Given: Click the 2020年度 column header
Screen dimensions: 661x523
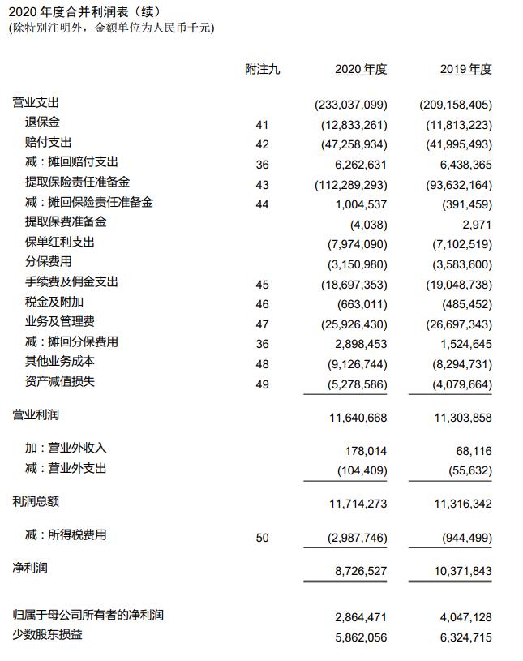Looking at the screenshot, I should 361,70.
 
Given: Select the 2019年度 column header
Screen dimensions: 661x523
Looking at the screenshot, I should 465,70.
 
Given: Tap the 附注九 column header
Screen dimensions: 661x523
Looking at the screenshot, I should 262,70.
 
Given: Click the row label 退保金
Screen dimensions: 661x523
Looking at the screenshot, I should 42,122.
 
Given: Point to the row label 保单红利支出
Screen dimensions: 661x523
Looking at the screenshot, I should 59,242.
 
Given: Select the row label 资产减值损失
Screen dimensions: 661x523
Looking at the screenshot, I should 59,381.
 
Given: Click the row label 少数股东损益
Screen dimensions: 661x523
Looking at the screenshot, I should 47,634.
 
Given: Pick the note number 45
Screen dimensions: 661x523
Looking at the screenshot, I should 262,284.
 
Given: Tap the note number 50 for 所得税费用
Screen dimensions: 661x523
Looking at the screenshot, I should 262,537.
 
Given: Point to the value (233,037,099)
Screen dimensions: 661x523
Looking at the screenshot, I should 350,105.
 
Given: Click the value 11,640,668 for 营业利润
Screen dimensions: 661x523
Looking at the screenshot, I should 358,418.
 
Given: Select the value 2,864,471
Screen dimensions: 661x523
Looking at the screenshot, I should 361,617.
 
